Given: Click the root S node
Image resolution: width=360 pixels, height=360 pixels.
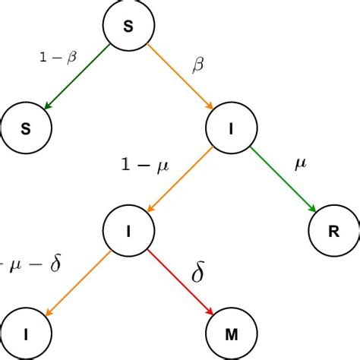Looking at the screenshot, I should (127, 28).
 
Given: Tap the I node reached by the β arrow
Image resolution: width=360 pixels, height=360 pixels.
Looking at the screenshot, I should (231, 126).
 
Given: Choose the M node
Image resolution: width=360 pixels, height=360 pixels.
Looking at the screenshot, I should (230, 333).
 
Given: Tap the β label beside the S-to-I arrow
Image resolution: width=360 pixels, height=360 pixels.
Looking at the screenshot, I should (199, 66).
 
